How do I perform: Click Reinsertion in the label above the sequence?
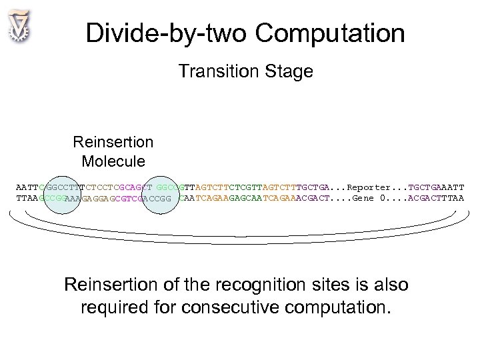(113, 142)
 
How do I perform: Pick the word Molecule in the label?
(113, 161)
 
